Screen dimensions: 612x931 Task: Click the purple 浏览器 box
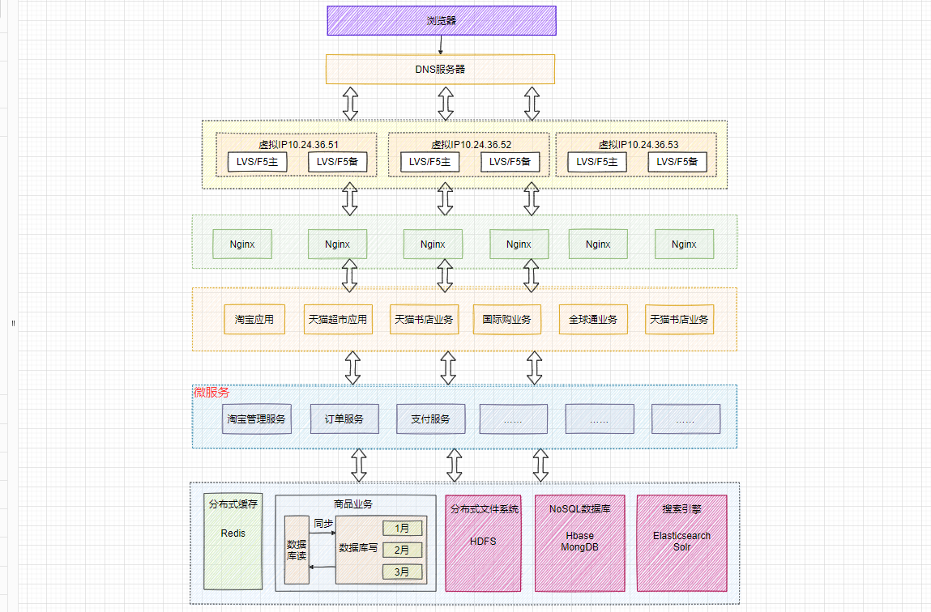[442, 20]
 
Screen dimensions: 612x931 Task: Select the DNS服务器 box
[440, 69]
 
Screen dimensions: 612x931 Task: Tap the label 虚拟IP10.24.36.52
[471, 145]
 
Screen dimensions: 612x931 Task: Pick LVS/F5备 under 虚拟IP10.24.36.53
[677, 162]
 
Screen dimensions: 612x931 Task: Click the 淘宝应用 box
[254, 319]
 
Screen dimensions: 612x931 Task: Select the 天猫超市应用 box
[338, 319]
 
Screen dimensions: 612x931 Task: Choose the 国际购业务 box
[507, 319]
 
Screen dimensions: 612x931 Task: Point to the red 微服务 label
[211, 393]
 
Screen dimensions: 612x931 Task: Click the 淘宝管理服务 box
[257, 419]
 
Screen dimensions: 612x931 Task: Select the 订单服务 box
[344, 419]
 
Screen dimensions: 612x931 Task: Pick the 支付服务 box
[430, 419]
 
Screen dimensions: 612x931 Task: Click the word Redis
[233, 533]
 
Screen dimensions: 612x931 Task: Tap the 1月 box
[403, 529]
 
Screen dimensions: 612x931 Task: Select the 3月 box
[403, 572]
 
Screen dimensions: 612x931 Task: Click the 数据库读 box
[297, 549]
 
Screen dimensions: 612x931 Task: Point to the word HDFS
[483, 541]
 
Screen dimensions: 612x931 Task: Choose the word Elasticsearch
[681, 536]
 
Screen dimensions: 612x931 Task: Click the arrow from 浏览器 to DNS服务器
[441, 45]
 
